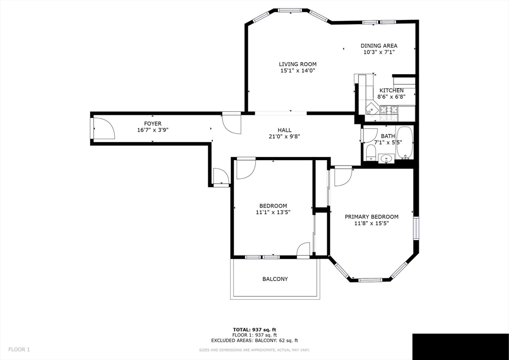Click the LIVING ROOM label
[298, 64]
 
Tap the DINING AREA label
[379, 46]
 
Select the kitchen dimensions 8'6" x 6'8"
[391, 96]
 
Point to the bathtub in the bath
[405, 142]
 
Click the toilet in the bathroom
[371, 153]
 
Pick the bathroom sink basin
[386, 159]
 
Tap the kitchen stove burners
[389, 113]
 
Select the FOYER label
[153, 124]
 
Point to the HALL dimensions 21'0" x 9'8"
[284, 136]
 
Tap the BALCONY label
[275, 279]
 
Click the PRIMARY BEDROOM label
[371, 217]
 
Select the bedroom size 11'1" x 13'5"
[273, 212]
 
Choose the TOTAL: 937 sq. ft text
[254, 330]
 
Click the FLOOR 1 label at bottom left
[19, 350]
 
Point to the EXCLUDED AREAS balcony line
[254, 341]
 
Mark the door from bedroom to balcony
[303, 250]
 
